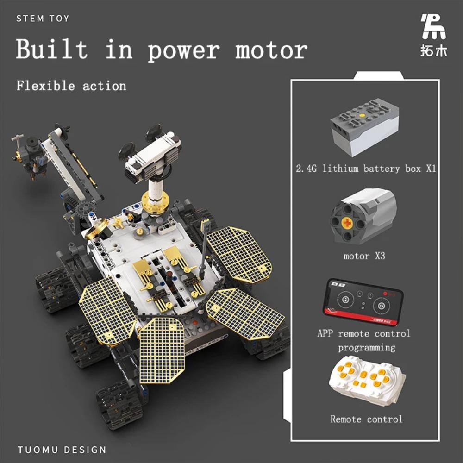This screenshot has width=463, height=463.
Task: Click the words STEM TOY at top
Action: point(43,19)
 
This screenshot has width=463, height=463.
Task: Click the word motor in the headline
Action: point(271,50)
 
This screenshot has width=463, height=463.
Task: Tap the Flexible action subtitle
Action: point(71,86)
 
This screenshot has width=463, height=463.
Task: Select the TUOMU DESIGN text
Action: point(62,450)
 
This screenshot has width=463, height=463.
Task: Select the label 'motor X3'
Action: point(364,256)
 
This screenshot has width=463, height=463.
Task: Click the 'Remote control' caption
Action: point(366,419)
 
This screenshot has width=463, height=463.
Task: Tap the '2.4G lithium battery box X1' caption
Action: point(366,169)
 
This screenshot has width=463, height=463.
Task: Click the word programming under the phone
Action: point(366,347)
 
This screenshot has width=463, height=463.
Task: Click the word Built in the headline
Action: point(51,50)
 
